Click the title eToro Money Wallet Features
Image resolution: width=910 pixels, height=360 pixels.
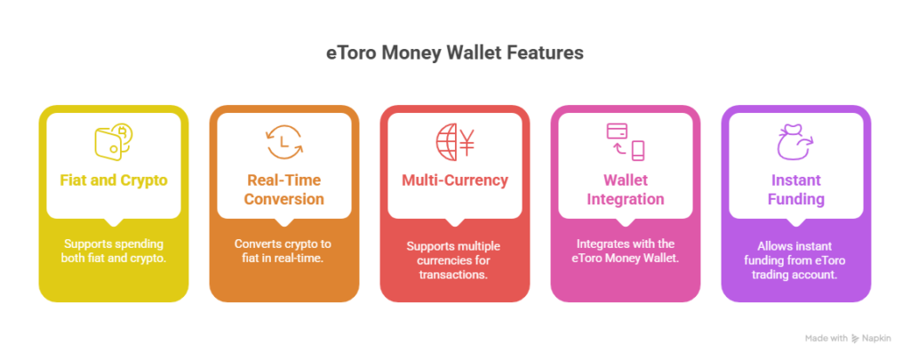click(x=454, y=53)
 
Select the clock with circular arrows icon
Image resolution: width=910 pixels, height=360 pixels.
click(x=284, y=141)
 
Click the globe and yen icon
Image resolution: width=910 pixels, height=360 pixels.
click(x=455, y=141)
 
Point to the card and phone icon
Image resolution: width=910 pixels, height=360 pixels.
click(x=626, y=141)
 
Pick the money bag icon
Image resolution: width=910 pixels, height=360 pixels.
click(x=795, y=141)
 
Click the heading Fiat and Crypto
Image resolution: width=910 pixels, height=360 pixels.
click(x=114, y=180)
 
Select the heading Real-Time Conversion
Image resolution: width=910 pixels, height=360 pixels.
click(x=284, y=189)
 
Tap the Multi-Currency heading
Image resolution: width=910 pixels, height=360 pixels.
click(x=455, y=180)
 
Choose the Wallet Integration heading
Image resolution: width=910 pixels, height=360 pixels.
click(x=626, y=189)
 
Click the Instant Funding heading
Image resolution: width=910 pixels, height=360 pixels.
click(x=796, y=189)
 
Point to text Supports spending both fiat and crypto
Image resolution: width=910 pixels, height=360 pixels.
click(x=114, y=251)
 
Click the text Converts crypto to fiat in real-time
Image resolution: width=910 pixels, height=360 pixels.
click(x=284, y=251)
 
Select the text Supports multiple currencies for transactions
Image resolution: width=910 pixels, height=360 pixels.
click(x=455, y=260)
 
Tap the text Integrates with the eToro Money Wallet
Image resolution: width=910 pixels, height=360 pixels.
click(x=626, y=251)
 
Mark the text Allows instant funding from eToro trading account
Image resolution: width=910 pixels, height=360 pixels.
click(x=796, y=260)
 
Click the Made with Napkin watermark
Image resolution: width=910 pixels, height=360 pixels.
click(x=848, y=338)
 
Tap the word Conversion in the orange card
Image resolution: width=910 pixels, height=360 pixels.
click(x=284, y=199)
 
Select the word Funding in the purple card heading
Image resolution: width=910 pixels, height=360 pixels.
click(x=796, y=199)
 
